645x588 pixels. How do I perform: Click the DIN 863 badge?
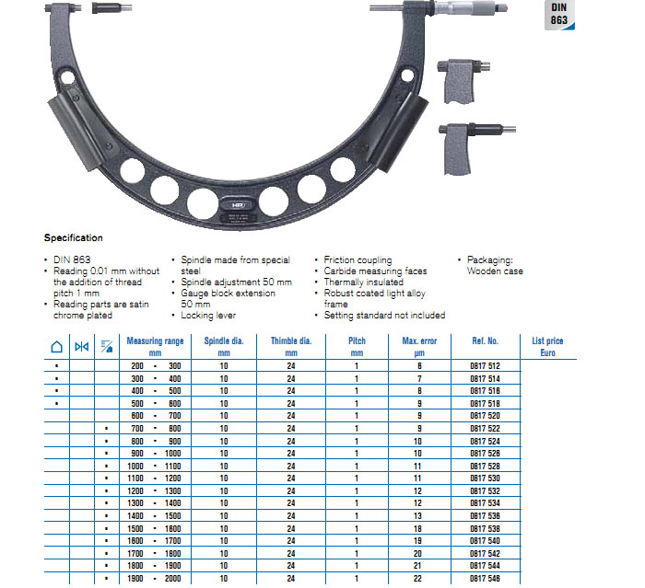[559, 15]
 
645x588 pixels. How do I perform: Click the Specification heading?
[74, 238]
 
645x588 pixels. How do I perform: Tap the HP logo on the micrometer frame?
[238, 205]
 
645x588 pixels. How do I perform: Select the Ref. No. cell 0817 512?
[485, 365]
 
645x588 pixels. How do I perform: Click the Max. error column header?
[419, 346]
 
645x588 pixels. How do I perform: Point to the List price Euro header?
[547, 346]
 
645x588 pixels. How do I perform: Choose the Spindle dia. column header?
[224, 346]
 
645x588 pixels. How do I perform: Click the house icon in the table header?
[57, 347]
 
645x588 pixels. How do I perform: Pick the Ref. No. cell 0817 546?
[485, 578]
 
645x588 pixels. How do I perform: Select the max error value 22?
[417, 578]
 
